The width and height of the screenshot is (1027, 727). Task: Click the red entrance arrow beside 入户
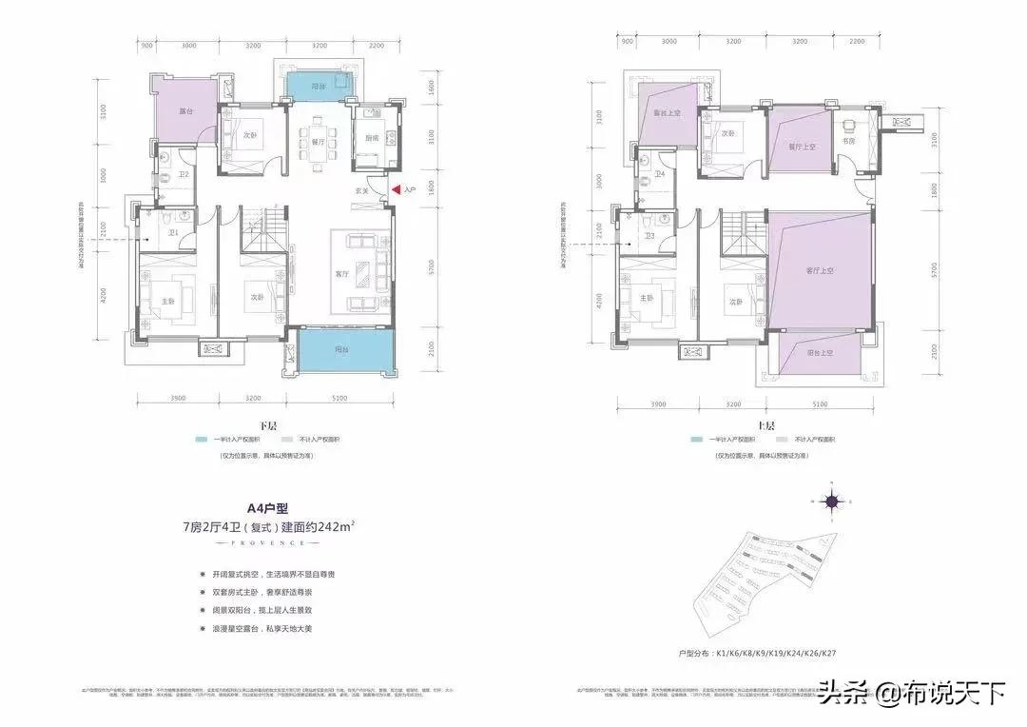[397, 191]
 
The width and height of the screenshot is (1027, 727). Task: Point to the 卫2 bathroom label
[184, 174]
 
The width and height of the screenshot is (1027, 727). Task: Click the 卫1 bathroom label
[174, 233]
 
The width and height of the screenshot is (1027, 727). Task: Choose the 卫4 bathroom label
[659, 174]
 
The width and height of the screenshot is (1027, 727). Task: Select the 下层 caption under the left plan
[253, 425]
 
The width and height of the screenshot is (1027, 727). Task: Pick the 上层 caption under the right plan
[766, 425]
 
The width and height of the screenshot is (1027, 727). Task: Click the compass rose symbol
[830, 502]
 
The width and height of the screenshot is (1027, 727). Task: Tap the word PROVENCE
[261, 542]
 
